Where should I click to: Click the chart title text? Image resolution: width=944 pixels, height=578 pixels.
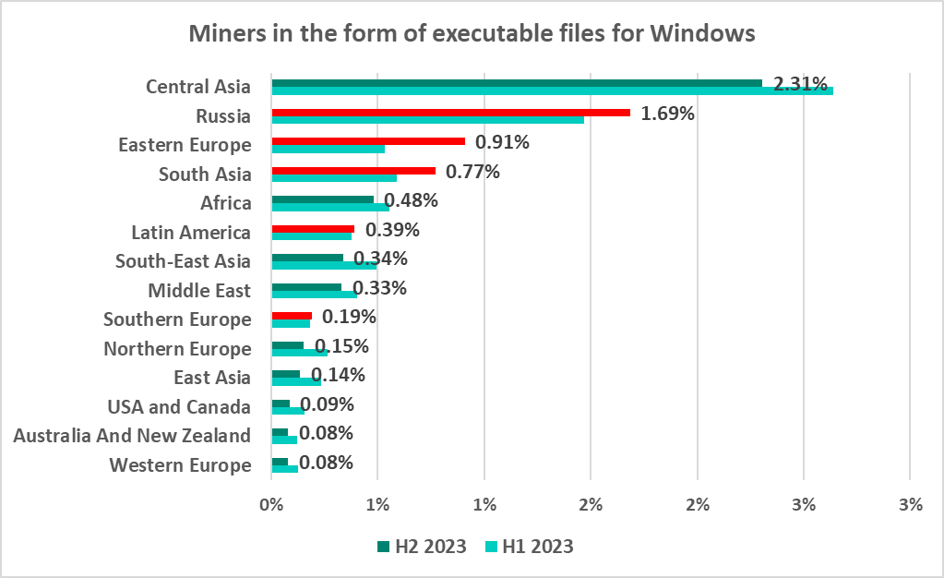click(x=472, y=34)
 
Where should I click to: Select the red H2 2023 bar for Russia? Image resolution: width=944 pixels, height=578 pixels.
click(x=450, y=113)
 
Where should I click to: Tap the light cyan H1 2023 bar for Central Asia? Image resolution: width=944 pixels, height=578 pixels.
click(x=552, y=90)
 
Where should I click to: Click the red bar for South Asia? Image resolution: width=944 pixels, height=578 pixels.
click(x=353, y=170)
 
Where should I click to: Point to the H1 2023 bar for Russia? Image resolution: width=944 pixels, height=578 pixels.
click(x=427, y=120)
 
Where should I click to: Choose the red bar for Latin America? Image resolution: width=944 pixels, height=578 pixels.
click(x=312, y=228)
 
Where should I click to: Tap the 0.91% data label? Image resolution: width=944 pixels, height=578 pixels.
click(x=502, y=142)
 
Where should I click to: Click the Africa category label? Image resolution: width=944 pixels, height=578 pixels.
click(x=225, y=203)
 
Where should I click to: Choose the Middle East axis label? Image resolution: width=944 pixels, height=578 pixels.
click(x=199, y=291)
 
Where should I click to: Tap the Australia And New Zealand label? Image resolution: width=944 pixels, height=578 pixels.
click(x=132, y=436)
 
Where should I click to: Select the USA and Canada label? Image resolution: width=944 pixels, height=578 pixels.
click(x=179, y=407)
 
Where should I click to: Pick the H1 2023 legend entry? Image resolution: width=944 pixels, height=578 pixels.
click(x=529, y=547)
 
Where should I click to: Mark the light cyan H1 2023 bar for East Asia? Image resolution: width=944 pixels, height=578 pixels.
click(x=295, y=381)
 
